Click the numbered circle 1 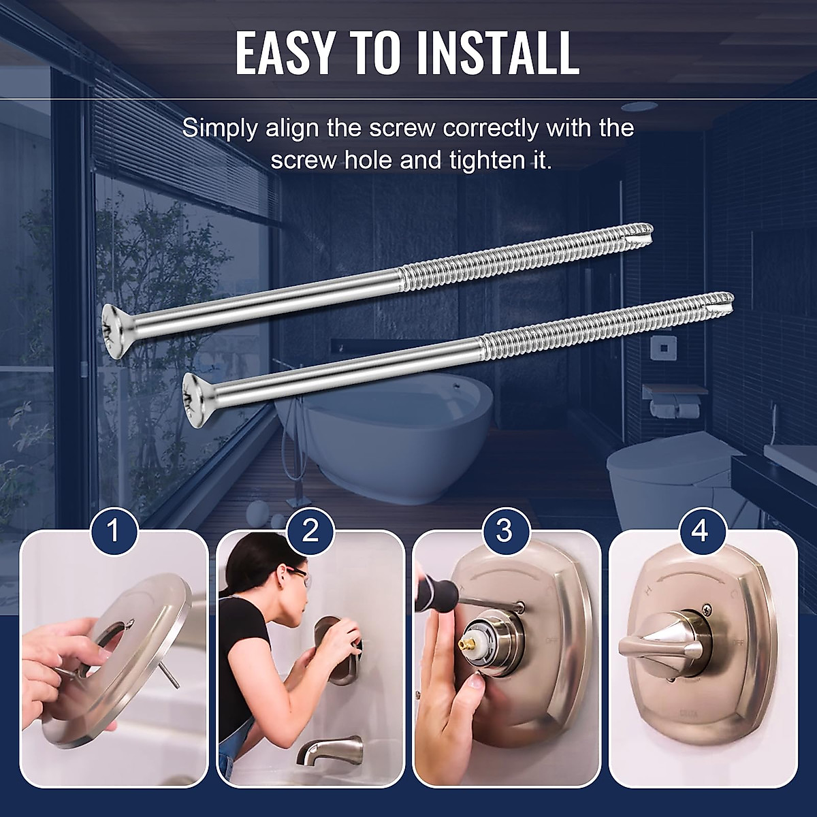click(113, 530)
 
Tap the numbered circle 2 click(309, 530)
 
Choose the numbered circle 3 click(504, 530)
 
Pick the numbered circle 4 click(700, 530)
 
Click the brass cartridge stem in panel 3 click(467, 640)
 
